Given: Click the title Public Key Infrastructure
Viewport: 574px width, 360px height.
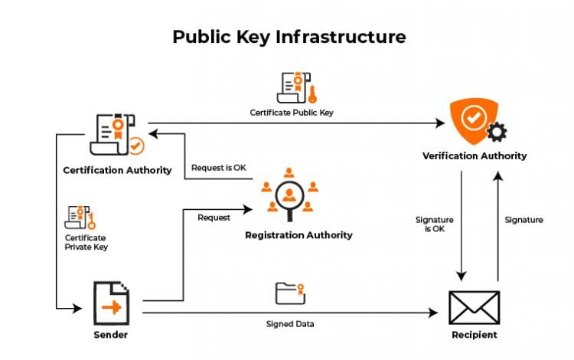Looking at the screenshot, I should [289, 36].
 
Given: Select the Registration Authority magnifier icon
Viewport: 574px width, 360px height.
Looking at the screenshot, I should [289, 194].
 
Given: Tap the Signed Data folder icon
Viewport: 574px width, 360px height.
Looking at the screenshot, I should [291, 294].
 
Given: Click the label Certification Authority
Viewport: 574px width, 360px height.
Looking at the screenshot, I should [117, 169].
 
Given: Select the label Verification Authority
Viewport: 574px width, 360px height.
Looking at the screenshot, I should [475, 155].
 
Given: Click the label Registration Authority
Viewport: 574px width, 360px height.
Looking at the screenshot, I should [298, 235].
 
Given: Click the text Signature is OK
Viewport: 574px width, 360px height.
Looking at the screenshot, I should [429, 224].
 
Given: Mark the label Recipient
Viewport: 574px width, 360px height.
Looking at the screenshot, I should [474, 335].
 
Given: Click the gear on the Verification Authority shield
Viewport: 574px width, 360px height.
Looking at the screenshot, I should [497, 133].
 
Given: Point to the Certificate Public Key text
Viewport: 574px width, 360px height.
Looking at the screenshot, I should [292, 113].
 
